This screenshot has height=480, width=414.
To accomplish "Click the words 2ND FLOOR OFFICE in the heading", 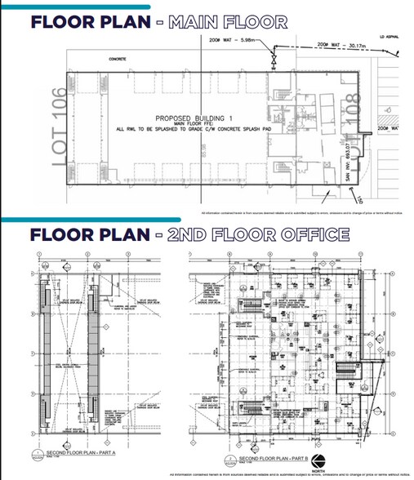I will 258,235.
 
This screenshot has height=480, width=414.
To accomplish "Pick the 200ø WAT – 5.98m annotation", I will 237,39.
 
